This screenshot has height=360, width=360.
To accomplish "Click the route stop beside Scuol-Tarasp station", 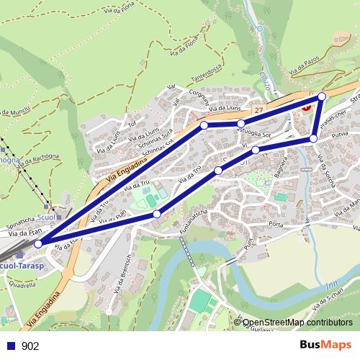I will (x=38, y=243).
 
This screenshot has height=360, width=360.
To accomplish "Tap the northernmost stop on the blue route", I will (x=322, y=96).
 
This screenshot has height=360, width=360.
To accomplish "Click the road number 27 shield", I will (x=258, y=109).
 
